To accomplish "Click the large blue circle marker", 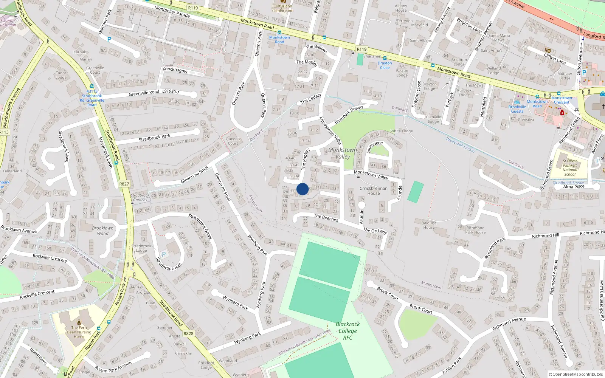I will pos(302,189).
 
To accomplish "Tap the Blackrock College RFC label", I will pos(348,331).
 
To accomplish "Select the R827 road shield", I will pos(124,184).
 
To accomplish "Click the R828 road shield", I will pos(188,333).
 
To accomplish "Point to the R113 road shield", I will pos(4,132).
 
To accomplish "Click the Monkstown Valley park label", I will pos(343,153).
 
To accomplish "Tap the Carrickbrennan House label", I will pos(374,191).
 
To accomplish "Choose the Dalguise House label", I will pos(429,225).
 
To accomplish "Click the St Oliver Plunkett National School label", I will pos(570,167).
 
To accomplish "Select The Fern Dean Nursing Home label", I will pos(79,332).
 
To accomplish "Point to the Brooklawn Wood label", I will pos(102,231).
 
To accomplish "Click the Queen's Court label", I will pos(233,141).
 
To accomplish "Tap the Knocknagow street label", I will pos(175,70).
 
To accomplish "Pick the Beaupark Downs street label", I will pos(349,115).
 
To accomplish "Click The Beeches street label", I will pos(326,218).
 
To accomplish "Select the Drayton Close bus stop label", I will pos(385,65).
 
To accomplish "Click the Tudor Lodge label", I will pos(61,75).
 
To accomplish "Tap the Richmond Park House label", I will pos(475,230).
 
